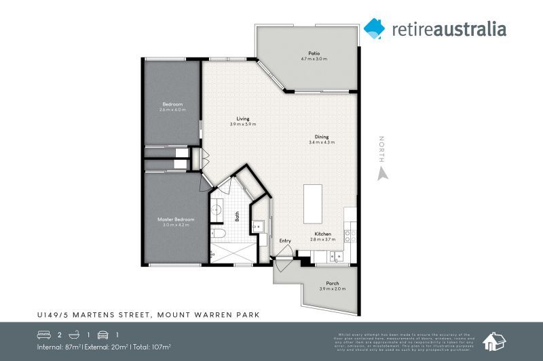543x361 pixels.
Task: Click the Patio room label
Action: [x=314, y=53]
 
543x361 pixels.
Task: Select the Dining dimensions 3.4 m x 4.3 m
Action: [x=322, y=142]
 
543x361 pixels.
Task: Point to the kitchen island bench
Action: [x=312, y=203]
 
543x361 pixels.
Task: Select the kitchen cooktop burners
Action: [x=350, y=236]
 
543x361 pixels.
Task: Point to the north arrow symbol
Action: [x=382, y=173]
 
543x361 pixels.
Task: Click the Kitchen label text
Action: [x=322, y=234]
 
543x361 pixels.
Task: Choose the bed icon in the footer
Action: [x=43, y=335]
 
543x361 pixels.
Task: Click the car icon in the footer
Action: [x=103, y=335]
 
